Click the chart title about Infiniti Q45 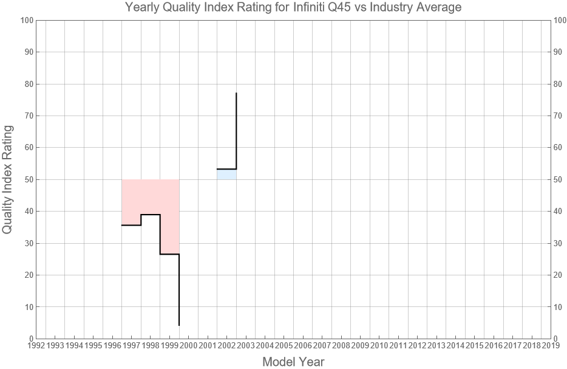(293, 7)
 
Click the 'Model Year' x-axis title (293, 362)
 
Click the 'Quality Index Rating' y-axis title (8, 179)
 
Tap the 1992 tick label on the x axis (36, 346)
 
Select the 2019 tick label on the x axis (551, 346)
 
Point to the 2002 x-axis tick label (226, 346)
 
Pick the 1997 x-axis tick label (131, 346)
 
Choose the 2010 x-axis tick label (379, 346)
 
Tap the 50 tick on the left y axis (27, 179)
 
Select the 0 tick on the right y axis (557, 339)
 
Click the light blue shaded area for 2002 (226, 174)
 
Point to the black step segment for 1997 (131, 225)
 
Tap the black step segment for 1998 (151, 215)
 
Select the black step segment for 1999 (169, 254)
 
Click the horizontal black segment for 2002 (226, 169)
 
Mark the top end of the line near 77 (236, 94)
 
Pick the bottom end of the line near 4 (179, 325)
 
